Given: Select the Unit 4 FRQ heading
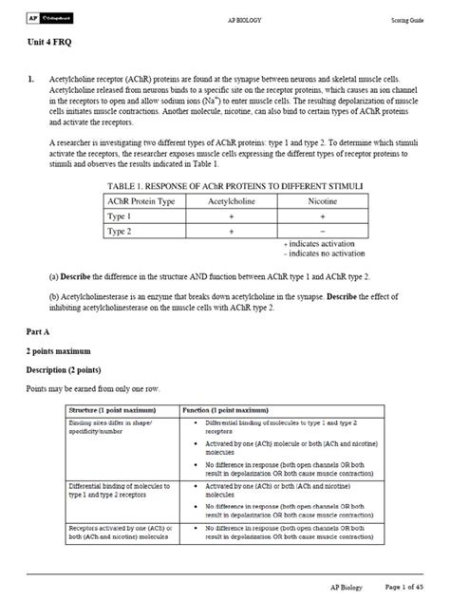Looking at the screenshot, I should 54,44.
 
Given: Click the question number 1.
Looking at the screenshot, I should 31,79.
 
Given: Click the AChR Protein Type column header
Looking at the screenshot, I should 141,200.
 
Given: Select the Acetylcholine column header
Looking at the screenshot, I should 232,200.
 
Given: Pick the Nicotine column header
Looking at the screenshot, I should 324,200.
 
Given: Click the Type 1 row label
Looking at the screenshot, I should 119,216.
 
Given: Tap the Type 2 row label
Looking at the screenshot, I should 119,231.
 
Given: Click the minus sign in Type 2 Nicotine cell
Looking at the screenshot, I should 324,231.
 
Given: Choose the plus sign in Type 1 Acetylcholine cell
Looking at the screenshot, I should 232,216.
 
